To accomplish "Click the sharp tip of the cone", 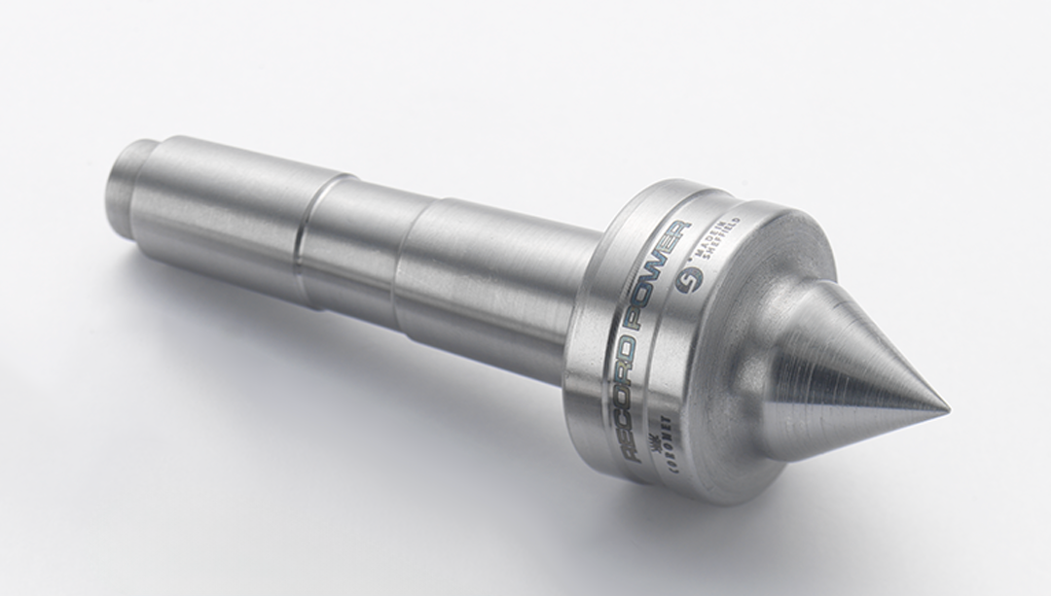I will [x=946, y=406].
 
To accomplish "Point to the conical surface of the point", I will [x=856, y=379].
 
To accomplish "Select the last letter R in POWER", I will [x=680, y=231].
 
